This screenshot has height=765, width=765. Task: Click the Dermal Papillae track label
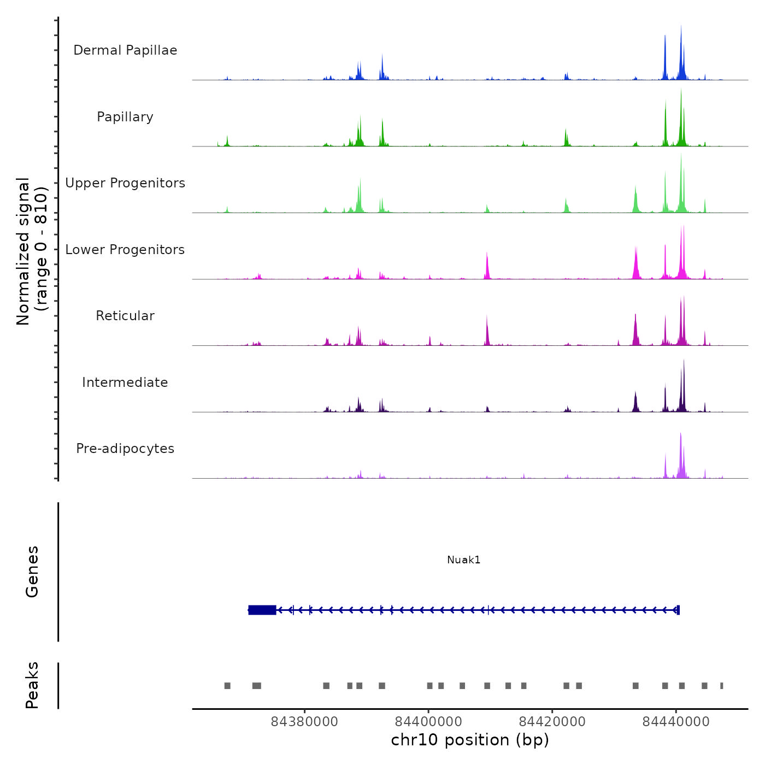coord(125,50)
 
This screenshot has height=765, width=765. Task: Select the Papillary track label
coord(125,117)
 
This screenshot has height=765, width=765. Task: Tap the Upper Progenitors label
coord(125,183)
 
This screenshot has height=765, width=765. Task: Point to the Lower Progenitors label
coord(125,250)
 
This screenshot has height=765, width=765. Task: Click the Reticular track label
coord(125,316)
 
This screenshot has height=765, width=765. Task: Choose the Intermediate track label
coord(125,382)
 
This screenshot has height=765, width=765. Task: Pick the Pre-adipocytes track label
coord(125,449)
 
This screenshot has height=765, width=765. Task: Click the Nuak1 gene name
coord(463,560)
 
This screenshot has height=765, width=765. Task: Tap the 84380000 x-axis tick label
coord(304,722)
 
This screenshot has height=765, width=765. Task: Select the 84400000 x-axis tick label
coord(428,722)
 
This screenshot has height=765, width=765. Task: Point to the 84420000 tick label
coord(552,722)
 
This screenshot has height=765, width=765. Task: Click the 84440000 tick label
coord(676,722)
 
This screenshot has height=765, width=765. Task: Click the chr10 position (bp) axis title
coord(470,740)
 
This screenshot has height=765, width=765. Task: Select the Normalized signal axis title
coord(32,251)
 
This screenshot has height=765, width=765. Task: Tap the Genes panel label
coord(32,572)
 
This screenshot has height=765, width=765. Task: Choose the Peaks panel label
coord(32,685)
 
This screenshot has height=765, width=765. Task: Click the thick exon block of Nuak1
coord(262,610)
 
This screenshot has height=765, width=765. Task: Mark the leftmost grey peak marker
coord(227,686)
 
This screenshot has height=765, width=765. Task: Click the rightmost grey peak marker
coord(721,686)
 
